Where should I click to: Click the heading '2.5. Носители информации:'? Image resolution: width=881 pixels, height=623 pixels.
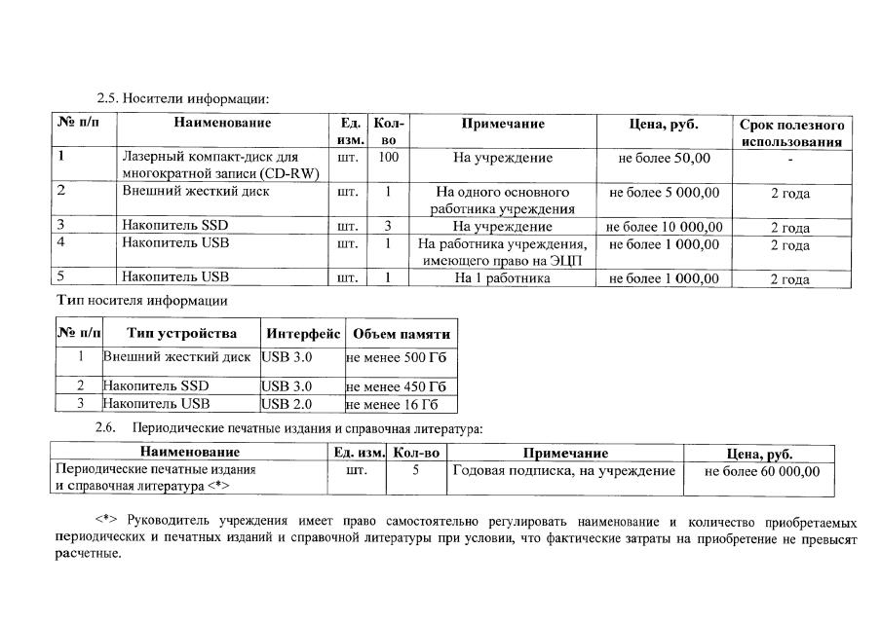coord(181,98)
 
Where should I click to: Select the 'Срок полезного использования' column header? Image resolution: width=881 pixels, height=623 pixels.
coord(791,133)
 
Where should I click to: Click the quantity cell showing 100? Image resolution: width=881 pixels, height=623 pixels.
coord(388,158)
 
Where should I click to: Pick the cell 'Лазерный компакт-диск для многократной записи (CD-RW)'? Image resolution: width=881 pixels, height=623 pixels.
coord(222,165)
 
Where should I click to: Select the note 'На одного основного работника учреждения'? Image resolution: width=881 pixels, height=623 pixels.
coord(502,201)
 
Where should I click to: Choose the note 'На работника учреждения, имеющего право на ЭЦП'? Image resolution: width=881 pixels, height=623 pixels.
coord(502,252)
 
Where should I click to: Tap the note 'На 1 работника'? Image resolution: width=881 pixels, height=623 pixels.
coord(502,279)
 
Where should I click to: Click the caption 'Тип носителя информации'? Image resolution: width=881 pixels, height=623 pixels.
coord(142,301)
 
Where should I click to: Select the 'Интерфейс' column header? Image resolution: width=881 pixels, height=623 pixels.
coord(302,334)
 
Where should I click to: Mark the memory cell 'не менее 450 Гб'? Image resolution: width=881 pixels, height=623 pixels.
coord(397,386)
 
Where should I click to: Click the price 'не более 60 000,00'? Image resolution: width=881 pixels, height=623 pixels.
coord(761,472)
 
